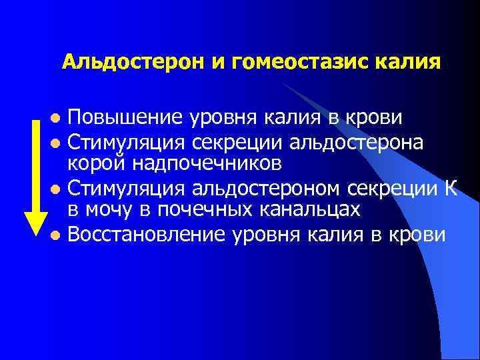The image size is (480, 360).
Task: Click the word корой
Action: [x=93, y=164]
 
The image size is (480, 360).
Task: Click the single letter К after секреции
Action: [x=450, y=188]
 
